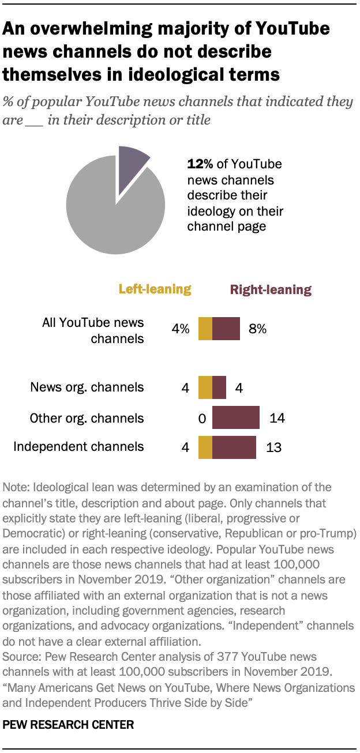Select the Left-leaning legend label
coord(155,289)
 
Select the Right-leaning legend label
coord(271,289)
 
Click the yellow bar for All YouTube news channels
coord(205,329)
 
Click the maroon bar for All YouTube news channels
coord(226,329)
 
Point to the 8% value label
coord(258,329)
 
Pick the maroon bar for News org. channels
coord(219,387)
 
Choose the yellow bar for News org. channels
coord(205,387)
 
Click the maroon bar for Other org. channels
coord(236,417)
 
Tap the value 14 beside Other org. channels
coord(277,418)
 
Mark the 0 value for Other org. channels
coord(202,418)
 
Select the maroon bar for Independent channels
coord(234,447)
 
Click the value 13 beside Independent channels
coord(273,447)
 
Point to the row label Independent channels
coord(78,446)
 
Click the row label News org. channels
coord(87,387)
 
